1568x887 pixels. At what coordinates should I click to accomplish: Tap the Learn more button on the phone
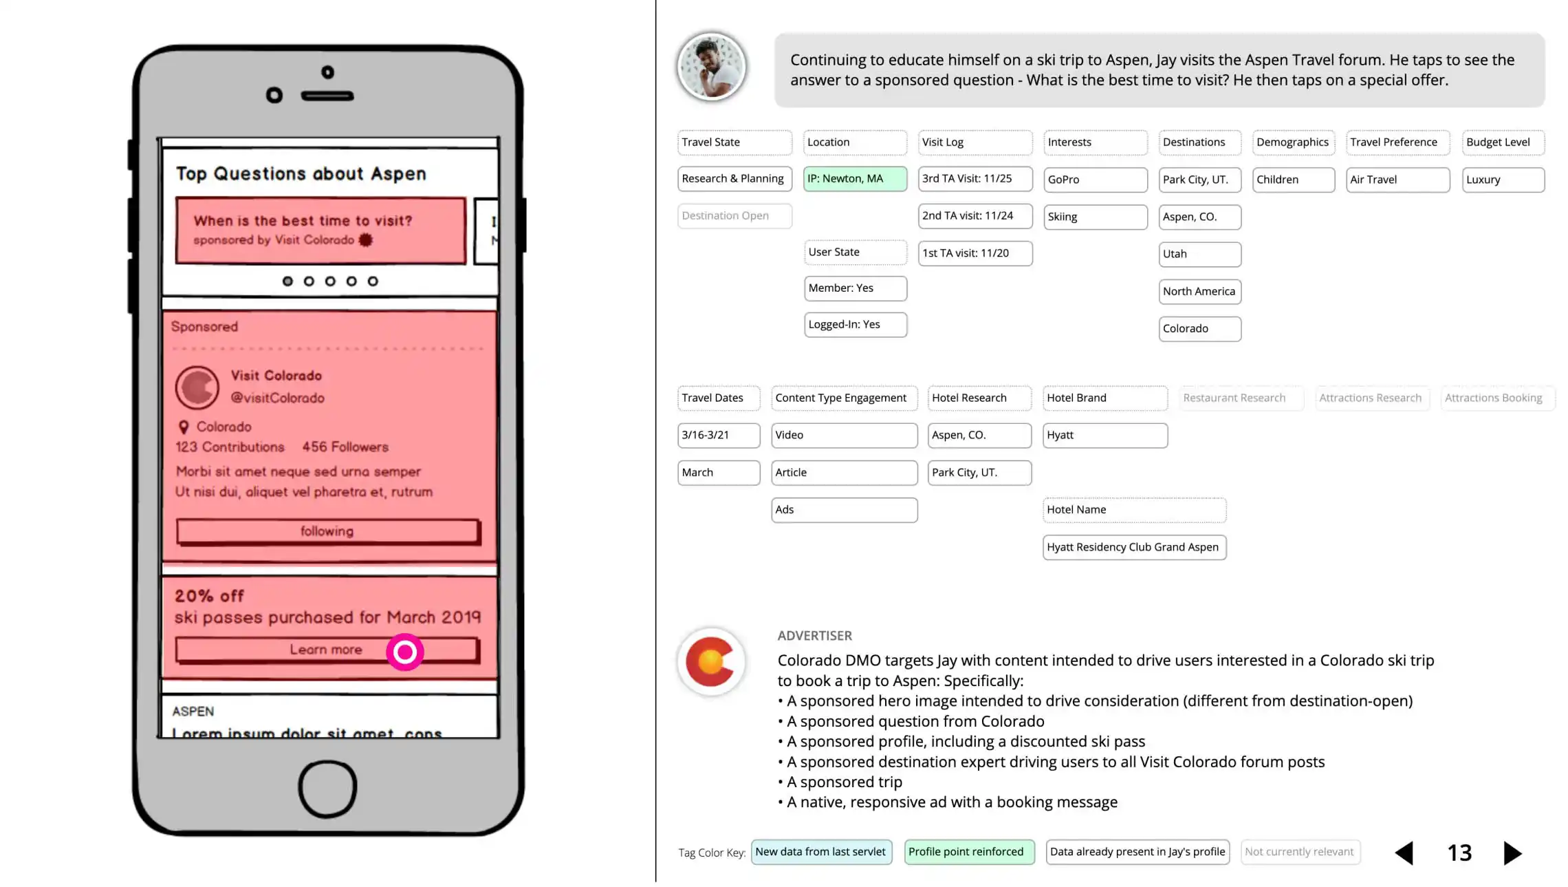[x=326, y=650]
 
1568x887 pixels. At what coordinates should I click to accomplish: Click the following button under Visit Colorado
[x=327, y=531]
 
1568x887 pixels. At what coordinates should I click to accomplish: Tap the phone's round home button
[x=327, y=789]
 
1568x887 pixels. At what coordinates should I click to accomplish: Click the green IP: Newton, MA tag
[x=854, y=179]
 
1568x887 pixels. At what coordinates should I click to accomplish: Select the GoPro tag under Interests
[x=1095, y=180]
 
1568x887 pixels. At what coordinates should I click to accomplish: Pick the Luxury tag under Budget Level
[x=1502, y=180]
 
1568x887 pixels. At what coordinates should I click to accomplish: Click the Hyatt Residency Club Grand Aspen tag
[x=1133, y=547]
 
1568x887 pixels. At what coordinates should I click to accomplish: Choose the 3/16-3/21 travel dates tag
[x=718, y=435]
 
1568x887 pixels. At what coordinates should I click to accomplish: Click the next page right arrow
[x=1512, y=853]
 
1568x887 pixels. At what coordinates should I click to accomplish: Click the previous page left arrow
[x=1404, y=853]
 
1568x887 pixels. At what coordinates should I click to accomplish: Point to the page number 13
[x=1459, y=853]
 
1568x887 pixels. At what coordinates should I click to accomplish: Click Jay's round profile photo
[x=711, y=67]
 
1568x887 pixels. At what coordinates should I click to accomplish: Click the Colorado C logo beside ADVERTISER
[x=711, y=661]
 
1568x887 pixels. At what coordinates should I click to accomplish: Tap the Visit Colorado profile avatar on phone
[x=197, y=387]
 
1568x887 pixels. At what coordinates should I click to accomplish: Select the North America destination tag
[x=1199, y=292]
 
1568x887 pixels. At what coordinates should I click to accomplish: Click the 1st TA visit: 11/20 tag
[x=974, y=253]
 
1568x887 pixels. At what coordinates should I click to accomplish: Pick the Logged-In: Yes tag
[x=855, y=325]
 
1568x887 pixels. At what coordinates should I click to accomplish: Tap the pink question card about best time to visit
[x=320, y=231]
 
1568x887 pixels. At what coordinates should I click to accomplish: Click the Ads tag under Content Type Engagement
[x=844, y=510]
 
